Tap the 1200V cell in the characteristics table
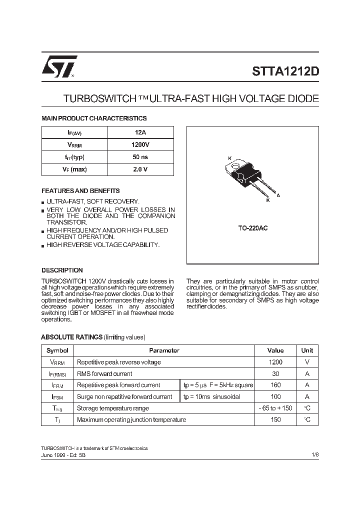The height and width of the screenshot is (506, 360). (140, 145)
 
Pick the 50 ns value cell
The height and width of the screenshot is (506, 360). (140, 157)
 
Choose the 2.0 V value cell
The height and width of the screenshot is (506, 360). (140, 169)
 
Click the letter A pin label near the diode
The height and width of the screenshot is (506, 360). (278, 195)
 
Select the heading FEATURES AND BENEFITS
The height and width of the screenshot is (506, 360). (80, 191)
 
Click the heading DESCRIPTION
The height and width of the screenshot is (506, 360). (62, 270)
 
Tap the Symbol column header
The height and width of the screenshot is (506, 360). (57, 350)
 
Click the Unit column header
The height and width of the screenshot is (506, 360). (307, 350)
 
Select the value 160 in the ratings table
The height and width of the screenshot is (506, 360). (275, 385)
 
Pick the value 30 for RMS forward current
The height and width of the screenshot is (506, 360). (275, 373)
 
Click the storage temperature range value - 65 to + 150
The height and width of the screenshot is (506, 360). (275, 408)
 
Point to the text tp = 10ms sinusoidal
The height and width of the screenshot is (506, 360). (211, 396)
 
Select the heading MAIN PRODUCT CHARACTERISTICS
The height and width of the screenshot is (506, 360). (94, 118)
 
